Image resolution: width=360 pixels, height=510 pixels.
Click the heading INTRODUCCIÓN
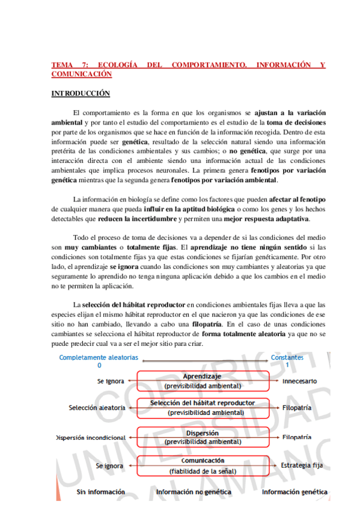click(81, 93)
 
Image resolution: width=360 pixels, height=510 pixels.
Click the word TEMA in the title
click(62, 64)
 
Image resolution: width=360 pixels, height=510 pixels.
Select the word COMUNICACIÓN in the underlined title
click(82, 73)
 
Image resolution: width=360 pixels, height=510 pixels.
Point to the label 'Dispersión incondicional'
click(90, 437)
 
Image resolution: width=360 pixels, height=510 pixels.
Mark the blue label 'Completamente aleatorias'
click(99, 357)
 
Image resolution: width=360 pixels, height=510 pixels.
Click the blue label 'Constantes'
click(287, 357)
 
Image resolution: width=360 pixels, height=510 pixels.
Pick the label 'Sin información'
click(100, 492)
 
